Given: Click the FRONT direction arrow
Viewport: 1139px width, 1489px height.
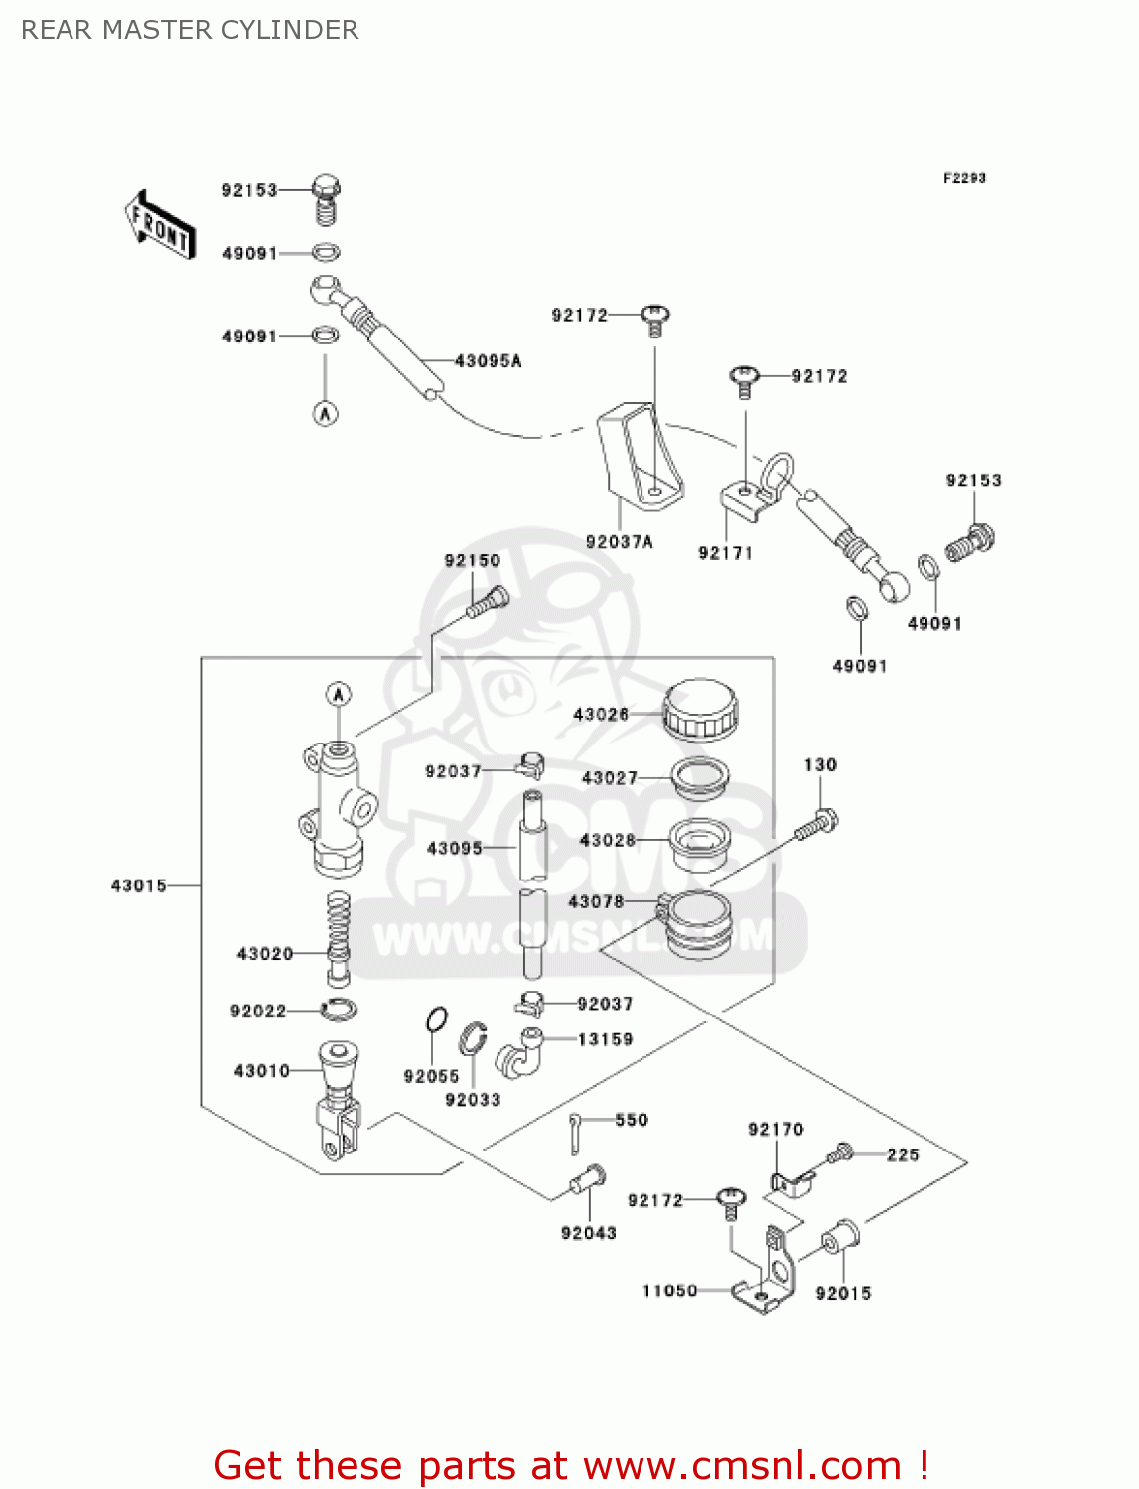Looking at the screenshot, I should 159,225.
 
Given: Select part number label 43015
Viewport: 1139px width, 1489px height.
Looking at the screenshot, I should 139,885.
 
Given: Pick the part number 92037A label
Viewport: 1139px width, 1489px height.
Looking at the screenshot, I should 620,542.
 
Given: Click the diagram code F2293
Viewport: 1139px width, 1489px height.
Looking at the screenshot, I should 964,178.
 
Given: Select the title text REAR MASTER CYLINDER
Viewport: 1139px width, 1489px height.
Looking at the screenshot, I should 190,30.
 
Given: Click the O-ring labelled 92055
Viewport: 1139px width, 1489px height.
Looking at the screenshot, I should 436,1019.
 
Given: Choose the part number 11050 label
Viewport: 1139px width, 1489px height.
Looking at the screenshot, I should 669,1290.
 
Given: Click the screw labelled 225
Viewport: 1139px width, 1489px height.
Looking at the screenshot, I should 841,1153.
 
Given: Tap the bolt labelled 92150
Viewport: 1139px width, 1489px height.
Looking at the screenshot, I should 488,602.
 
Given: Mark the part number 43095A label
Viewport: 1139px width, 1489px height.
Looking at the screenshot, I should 488,361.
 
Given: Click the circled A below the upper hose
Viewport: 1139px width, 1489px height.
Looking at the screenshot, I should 326,413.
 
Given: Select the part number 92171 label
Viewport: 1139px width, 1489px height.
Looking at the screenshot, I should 725,553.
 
